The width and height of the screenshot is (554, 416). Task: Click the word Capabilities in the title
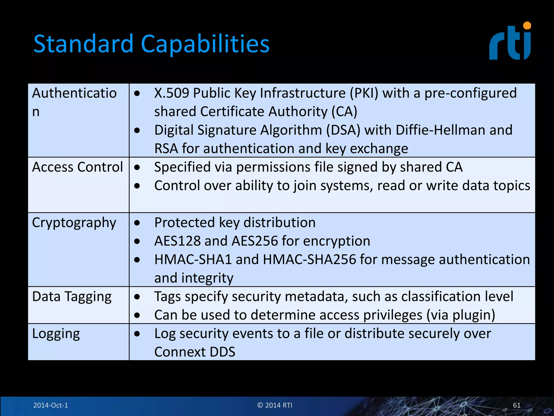[x=205, y=44]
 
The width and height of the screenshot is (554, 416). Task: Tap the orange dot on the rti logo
[x=527, y=26]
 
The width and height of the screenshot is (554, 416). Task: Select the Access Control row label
[x=77, y=167]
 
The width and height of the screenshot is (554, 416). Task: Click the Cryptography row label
[x=74, y=223]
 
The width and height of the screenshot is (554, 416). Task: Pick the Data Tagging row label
[x=72, y=297]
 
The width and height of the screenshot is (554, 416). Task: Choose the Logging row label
[x=56, y=334]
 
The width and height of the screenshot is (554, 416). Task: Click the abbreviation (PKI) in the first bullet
[x=364, y=93]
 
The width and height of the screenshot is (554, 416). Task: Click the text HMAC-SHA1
[x=193, y=259]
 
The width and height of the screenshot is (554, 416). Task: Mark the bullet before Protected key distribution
[x=137, y=223]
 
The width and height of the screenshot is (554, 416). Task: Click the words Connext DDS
[x=194, y=352]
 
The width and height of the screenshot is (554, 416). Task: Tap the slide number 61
[x=516, y=405]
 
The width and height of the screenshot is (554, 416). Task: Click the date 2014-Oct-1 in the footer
[x=51, y=405]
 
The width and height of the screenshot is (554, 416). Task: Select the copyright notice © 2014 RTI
[x=275, y=405]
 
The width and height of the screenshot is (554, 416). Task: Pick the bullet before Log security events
[x=137, y=334]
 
